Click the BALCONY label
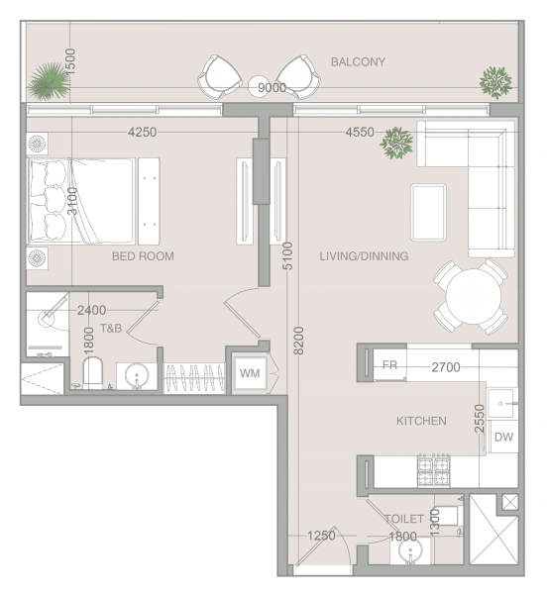pos(358,61)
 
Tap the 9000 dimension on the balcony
pos(272,87)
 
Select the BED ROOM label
pos(143,256)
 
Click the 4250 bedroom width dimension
pos(142,133)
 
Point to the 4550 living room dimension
pos(360,133)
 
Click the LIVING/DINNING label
pos(364,256)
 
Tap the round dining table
pos(473,296)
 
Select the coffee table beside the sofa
pos(428,212)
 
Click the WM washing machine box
pos(250,373)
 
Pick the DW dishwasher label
pos(503,437)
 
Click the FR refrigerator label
pos(389,364)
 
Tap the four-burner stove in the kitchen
pos(434,470)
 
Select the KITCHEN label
pos(421,421)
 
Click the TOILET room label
pos(404,519)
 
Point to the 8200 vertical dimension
pos(299,341)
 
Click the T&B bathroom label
pos(111,328)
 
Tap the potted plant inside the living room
pos(396,143)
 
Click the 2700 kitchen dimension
pos(446,367)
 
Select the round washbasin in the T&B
pos(137,376)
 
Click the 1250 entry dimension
pos(321,536)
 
